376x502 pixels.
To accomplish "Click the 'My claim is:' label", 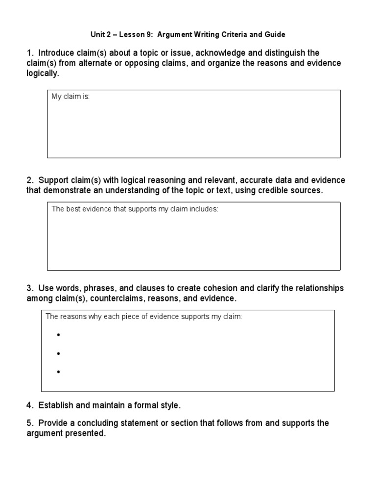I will point(71,97).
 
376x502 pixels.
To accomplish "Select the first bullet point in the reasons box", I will point(58,335).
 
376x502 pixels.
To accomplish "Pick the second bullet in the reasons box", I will point(58,353).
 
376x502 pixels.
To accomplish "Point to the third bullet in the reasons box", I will point(58,372).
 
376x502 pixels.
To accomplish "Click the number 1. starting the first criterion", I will point(29,53).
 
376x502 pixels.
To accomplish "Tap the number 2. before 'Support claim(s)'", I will point(29,180).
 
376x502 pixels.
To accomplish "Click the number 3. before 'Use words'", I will point(29,288).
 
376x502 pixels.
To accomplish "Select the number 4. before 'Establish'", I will point(29,405).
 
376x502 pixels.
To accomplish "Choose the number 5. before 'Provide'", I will point(29,423).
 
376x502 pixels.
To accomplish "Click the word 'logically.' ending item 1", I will point(43,74).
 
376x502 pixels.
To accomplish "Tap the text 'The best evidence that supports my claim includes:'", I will point(135,209).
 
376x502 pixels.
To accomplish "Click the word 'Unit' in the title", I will point(98,35).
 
